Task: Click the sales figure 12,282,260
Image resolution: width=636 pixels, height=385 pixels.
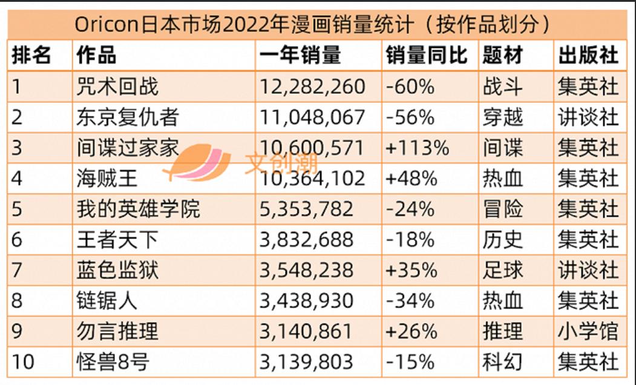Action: point(312,87)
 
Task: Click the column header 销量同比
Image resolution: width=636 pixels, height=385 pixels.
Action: point(427,56)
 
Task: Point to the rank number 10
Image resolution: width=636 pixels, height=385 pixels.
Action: point(23,362)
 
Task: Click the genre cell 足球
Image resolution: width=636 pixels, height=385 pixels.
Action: point(503,270)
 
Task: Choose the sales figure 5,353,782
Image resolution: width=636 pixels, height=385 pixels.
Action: point(306,209)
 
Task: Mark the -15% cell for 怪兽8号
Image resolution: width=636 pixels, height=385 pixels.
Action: point(410,362)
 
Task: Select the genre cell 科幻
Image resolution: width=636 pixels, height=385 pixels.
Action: point(503,362)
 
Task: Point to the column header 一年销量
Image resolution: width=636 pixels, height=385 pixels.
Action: point(301,56)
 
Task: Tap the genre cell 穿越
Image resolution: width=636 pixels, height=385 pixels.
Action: point(503,117)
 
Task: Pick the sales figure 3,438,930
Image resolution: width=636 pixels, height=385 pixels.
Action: point(306,300)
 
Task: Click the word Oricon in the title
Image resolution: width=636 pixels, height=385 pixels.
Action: point(108,25)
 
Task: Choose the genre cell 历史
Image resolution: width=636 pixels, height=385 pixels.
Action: point(503,240)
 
